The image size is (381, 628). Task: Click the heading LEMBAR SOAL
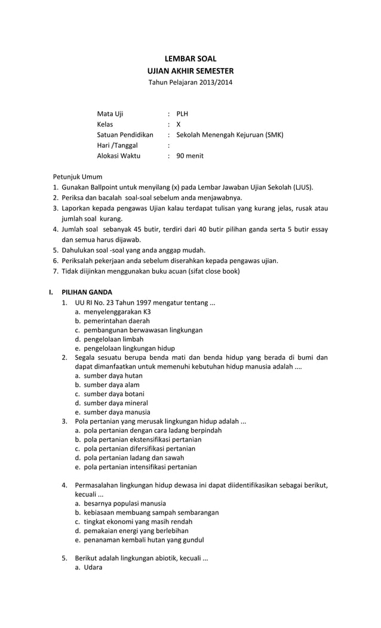190,59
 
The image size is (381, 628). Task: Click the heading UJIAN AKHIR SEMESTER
190,71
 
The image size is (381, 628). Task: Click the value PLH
182,114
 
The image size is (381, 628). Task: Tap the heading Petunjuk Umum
78,177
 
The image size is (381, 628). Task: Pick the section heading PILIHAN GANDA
87,292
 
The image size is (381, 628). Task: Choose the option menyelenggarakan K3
117,312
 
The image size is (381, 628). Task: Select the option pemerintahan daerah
116,321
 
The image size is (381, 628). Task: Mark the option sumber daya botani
113,394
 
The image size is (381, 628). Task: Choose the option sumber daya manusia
116,412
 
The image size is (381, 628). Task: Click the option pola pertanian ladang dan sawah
135,458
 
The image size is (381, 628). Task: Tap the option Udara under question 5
93,567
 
